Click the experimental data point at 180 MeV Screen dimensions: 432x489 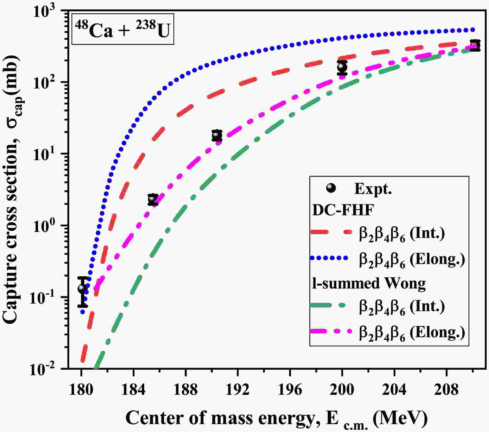[x=82, y=288]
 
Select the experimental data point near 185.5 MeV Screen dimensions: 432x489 [x=153, y=199]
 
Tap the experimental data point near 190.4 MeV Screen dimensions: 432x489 [x=217, y=135]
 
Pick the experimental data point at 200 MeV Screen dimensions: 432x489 [x=342, y=67]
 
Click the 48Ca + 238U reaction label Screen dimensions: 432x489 [x=123, y=29]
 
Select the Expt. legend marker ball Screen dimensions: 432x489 [x=331, y=188]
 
